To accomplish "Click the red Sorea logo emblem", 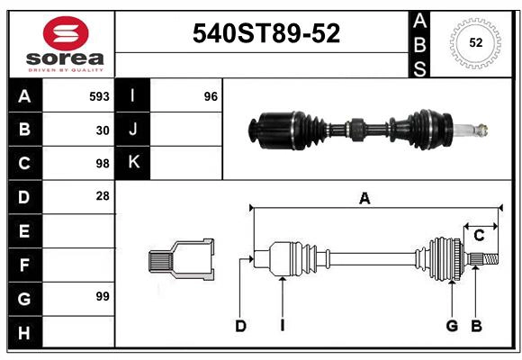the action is click(66, 33).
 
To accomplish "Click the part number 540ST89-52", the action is click(266, 33).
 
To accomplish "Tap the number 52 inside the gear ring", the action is click(476, 42).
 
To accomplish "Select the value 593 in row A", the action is click(99, 96).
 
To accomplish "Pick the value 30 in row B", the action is click(103, 130).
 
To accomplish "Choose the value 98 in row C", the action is click(103, 164).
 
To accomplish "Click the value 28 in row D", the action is click(103, 196).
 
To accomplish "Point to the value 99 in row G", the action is click(103, 296).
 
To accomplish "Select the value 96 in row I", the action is click(211, 96).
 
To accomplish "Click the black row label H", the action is click(25, 332).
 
